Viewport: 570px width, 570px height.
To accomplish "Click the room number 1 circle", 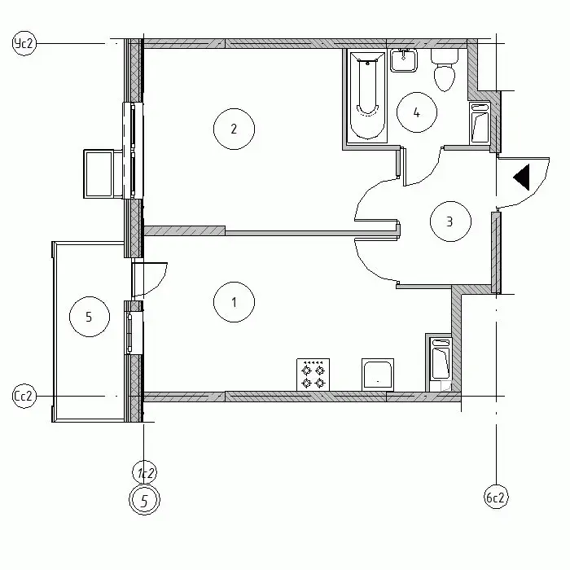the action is tap(234, 302).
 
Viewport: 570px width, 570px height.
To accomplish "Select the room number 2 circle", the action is tap(234, 129).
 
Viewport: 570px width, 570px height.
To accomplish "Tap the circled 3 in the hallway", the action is tap(450, 221).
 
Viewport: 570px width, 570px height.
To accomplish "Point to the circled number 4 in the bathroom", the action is tap(417, 112).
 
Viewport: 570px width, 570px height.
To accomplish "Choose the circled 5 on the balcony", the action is tap(90, 316).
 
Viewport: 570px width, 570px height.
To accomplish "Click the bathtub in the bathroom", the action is tap(366, 96).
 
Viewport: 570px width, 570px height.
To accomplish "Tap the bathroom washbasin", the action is tap(404, 60).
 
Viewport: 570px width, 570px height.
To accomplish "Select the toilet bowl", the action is tap(445, 70).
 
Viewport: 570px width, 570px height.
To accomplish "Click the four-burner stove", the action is tap(313, 375).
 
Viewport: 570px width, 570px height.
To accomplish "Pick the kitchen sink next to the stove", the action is tap(378, 375).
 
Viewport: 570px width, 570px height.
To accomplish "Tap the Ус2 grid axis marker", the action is tap(24, 43).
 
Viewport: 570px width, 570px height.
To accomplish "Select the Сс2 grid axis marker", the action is tap(24, 396).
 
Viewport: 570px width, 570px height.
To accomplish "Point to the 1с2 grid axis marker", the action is tap(145, 473).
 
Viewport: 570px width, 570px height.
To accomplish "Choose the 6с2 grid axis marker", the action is tap(496, 497).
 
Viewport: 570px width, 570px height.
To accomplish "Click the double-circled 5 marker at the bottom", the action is tap(144, 501).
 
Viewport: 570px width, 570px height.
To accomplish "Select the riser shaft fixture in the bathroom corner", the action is tap(480, 122).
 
